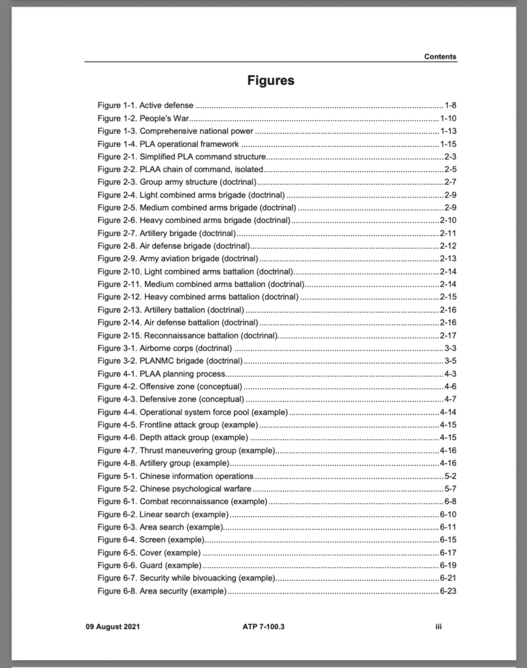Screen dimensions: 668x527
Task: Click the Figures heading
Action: pos(271,81)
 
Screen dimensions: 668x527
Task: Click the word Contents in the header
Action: pos(440,57)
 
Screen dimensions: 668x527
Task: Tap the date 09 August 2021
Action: pos(112,627)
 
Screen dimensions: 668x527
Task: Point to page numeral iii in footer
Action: pos(439,627)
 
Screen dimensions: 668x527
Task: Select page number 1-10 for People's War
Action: pos(448,118)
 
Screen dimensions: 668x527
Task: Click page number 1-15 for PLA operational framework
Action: pos(448,144)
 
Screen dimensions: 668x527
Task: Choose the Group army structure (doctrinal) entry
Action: pos(177,182)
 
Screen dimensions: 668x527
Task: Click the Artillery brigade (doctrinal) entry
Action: pos(166,233)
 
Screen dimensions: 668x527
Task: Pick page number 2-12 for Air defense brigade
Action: pos(448,246)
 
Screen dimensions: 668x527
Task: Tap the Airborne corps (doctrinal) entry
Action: pos(164,348)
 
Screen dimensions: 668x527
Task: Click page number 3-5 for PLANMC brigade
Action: pos(450,361)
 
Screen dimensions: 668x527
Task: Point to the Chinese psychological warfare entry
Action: pos(174,489)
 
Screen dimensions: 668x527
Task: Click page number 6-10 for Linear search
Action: pos(448,514)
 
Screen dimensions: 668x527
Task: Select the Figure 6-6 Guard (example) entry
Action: pos(149,565)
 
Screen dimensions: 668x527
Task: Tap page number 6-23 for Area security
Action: pos(448,591)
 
